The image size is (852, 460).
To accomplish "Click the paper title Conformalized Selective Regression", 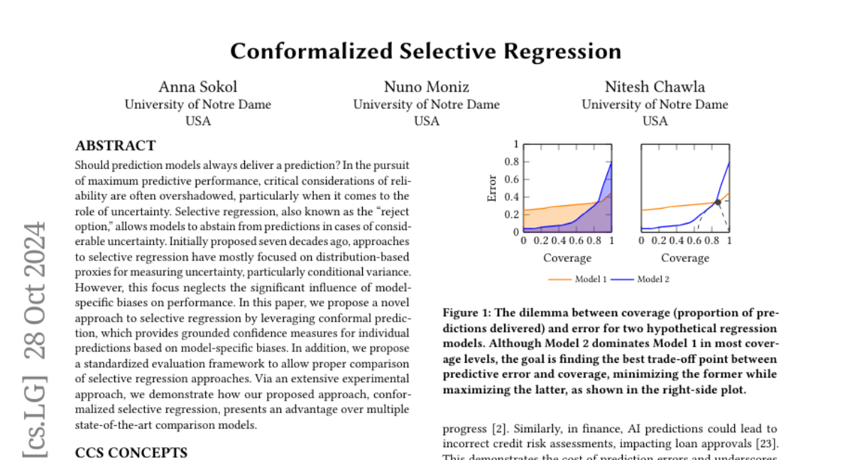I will (x=425, y=51).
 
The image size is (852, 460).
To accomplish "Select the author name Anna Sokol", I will (x=197, y=87).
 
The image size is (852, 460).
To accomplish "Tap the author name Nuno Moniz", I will (x=426, y=87).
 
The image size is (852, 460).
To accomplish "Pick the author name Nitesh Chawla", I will (x=655, y=87).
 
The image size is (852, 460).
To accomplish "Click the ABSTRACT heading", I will (x=115, y=146).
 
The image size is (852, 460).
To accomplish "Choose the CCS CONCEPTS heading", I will (x=131, y=453).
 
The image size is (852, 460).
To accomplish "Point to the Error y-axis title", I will (x=492, y=188).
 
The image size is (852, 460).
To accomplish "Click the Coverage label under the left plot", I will (x=567, y=258).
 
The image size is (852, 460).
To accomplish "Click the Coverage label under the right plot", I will (x=685, y=258).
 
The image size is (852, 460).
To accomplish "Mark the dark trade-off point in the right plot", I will (x=718, y=202).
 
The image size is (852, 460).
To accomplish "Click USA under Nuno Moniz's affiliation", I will (x=426, y=121).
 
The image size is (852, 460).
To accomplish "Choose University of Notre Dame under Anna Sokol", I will (x=197, y=104).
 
